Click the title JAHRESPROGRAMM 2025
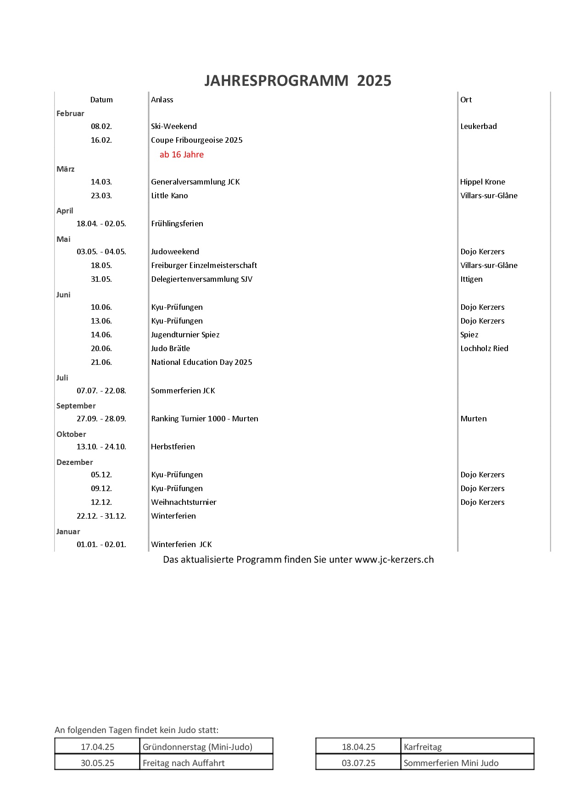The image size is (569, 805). coord(297,81)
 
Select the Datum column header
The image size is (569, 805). coord(101,100)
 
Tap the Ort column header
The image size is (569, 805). coord(466,100)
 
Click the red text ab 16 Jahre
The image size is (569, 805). coord(181,155)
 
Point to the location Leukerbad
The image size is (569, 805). coord(478,126)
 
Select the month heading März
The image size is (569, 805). coord(65,169)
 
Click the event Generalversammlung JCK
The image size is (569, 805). coord(195,182)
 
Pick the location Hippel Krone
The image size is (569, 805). coord(482,182)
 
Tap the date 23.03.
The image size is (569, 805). coord(101,196)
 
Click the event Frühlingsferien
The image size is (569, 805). coord(177,224)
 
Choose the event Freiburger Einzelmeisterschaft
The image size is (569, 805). coord(204,265)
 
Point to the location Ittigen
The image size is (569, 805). coord(471,279)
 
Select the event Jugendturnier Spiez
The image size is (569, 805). coord(185,335)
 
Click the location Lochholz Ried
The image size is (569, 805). coord(484,348)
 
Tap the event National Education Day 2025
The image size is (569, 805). coord(201,362)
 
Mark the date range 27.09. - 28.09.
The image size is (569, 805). coord(101,419)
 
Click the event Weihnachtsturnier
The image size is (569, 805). coord(184,502)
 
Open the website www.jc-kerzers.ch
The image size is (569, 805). coord(394,559)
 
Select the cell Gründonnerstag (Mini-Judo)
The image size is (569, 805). coord(197,747)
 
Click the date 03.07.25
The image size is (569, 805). coord(358,763)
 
